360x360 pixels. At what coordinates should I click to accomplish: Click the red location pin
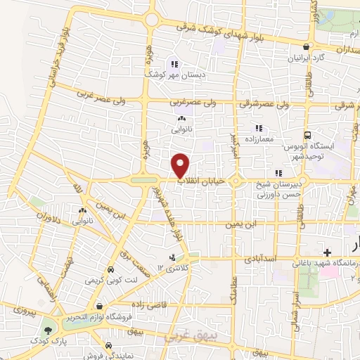point(181,166)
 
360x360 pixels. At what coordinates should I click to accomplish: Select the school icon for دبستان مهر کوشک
point(173,64)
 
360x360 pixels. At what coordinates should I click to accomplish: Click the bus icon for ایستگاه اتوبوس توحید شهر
point(307,136)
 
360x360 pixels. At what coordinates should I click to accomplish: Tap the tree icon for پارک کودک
point(48,330)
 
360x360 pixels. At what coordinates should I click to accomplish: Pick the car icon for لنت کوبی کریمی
point(110,270)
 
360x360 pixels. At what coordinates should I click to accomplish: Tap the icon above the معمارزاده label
point(258,128)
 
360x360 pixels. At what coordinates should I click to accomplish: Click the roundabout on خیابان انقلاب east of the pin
point(236,181)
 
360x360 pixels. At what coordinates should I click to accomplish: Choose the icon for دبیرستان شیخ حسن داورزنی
point(278,173)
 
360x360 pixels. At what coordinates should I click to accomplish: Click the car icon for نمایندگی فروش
point(110,346)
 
